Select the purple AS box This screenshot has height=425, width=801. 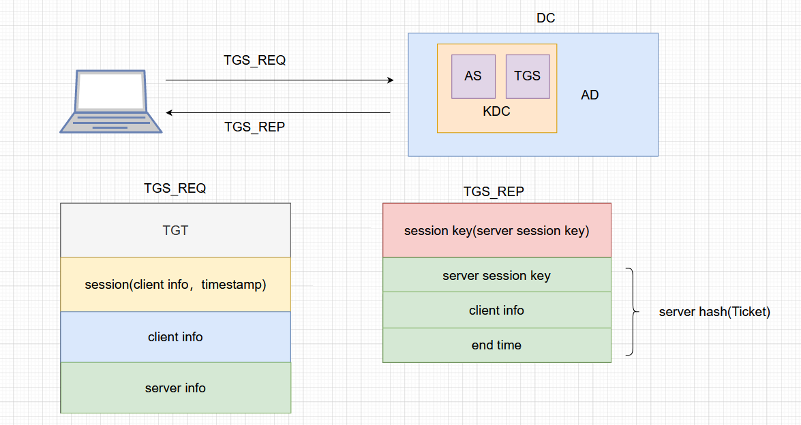(473, 76)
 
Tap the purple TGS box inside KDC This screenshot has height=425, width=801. (527, 76)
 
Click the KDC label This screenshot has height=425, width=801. (496, 112)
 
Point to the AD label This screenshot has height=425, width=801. (590, 95)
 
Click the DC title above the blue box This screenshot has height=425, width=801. (545, 18)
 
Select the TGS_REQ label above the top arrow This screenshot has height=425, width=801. (254, 60)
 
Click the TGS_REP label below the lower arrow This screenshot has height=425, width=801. (254, 127)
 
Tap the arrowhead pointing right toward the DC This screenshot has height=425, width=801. (390, 80)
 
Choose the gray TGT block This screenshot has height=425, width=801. (175, 230)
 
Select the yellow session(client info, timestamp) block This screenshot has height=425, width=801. (175, 285)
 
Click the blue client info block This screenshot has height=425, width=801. (175, 337)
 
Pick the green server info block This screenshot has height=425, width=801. (175, 388)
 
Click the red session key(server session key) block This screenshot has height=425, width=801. (496, 231)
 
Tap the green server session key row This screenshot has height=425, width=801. (496, 276)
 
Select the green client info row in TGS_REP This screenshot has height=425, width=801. (496, 311)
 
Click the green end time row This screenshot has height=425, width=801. (496, 345)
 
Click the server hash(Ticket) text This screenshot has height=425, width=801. (714, 312)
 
